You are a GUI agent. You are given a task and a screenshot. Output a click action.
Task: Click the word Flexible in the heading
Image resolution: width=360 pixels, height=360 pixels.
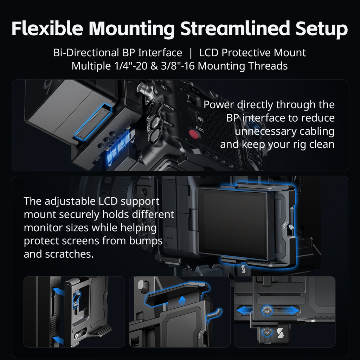[47, 28]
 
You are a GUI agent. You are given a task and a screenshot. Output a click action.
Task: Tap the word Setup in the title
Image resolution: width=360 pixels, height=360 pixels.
[321, 29]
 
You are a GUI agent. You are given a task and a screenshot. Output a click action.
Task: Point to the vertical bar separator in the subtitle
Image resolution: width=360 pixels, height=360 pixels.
[191, 53]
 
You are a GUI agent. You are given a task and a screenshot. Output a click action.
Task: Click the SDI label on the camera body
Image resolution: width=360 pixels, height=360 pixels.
[163, 87]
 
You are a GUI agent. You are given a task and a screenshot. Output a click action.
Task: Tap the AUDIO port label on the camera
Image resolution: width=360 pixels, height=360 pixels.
[169, 107]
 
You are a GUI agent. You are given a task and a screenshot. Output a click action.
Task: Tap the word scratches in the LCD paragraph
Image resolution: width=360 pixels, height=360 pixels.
[69, 254]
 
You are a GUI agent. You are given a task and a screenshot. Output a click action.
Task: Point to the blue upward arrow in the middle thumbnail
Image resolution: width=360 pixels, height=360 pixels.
[182, 301]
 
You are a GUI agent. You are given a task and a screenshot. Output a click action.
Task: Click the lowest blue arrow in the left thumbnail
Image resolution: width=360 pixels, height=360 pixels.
[58, 340]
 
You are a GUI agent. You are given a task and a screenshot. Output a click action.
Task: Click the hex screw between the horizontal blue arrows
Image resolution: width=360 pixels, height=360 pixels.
[267, 311]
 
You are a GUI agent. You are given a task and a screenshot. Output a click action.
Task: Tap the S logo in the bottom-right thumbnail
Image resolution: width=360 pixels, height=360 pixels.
[280, 333]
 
